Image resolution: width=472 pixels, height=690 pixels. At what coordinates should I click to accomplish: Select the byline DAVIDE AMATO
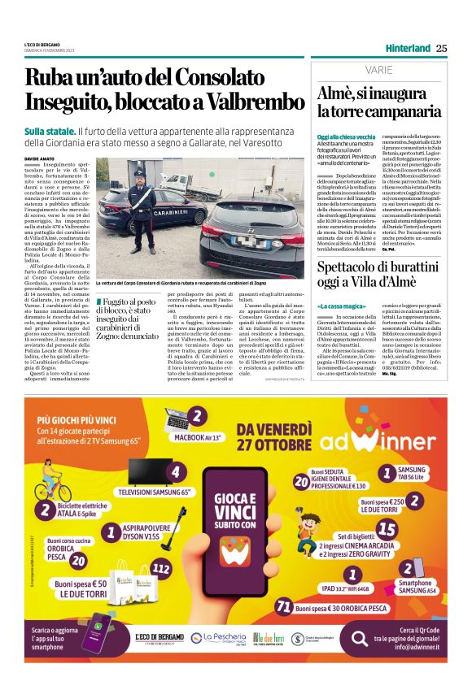click(x=41, y=158)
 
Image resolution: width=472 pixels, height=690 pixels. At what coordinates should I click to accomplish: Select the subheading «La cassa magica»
click(x=338, y=305)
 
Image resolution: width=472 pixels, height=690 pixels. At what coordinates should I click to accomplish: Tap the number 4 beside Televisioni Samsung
click(x=174, y=471)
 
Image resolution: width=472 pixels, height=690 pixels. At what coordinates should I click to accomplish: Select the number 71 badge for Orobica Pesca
click(x=284, y=607)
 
